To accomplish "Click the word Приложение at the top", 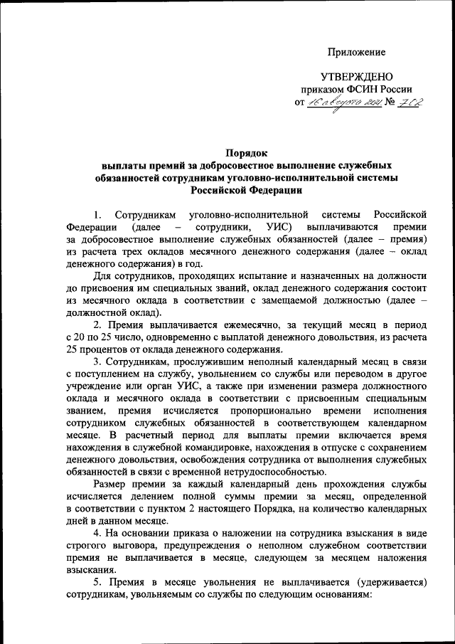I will click(356, 52).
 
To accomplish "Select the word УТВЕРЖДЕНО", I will click(356, 77).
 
